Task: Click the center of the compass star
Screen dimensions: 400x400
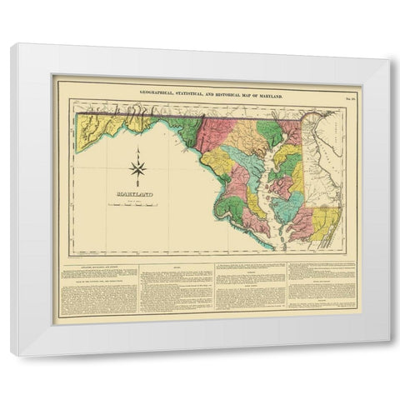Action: [x=139, y=169]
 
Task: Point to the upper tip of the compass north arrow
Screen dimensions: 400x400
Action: [x=139, y=148]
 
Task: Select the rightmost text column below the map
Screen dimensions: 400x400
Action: [x=322, y=287]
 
